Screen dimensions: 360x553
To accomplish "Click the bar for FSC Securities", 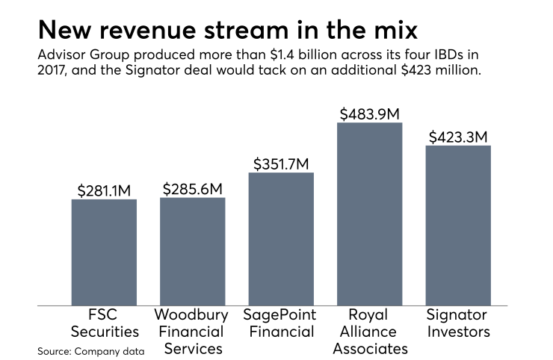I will click(x=104, y=252).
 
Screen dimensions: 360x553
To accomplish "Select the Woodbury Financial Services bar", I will click(x=192, y=252).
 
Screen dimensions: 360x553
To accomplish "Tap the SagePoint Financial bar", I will click(x=281, y=239).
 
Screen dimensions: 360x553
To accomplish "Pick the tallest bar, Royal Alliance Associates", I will click(x=369, y=214).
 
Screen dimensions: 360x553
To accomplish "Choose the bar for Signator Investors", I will click(x=458, y=226).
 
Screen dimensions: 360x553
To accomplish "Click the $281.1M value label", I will click(x=104, y=190).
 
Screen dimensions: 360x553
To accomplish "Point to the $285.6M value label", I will click(x=192, y=188).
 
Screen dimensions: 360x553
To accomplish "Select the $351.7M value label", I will click(x=281, y=163).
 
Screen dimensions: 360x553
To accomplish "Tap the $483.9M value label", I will click(x=369, y=114).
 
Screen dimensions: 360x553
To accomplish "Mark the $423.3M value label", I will click(x=458, y=137).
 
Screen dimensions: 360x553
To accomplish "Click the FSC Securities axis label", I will click(x=104, y=323).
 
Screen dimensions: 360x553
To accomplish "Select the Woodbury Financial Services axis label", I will click(x=192, y=331).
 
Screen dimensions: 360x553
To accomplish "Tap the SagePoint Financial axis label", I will click(x=281, y=323).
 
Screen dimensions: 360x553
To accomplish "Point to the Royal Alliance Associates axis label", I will click(x=369, y=331).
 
